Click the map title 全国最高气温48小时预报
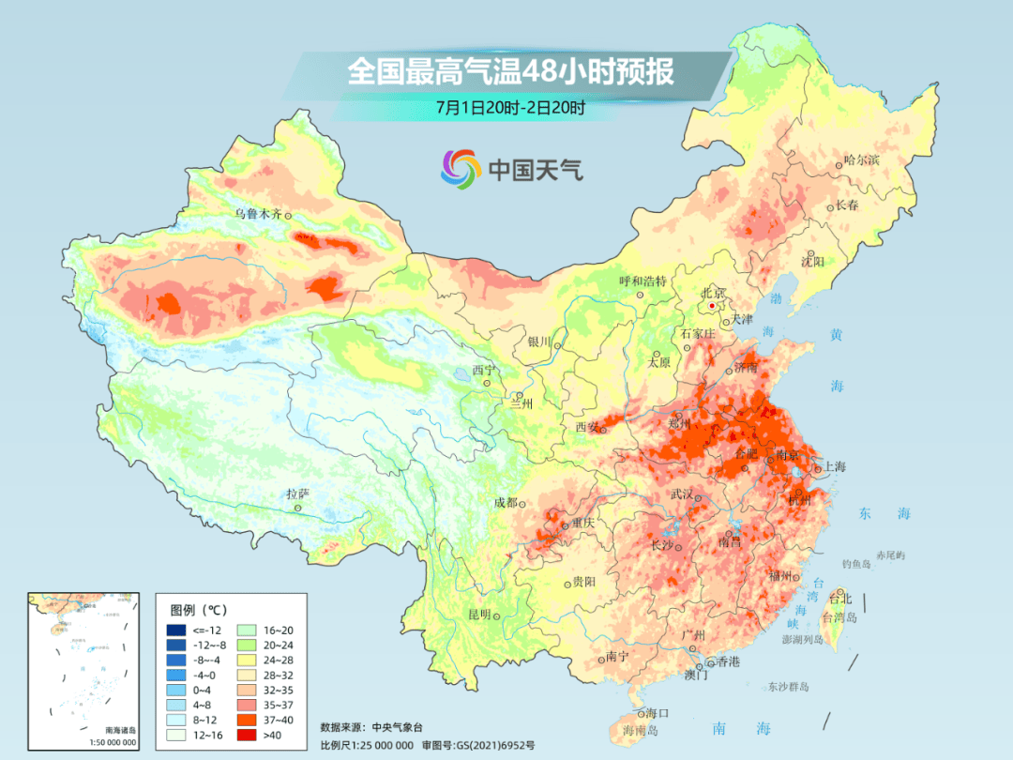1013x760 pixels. click(511, 71)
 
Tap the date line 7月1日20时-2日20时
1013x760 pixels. click(510, 107)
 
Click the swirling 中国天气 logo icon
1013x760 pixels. click(461, 169)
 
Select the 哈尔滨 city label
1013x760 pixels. click(862, 160)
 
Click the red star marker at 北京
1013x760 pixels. click(713, 306)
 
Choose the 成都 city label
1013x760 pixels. click(506, 502)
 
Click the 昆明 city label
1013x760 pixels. click(479, 615)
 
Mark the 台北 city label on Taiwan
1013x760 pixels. click(841, 598)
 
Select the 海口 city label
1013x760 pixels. click(658, 714)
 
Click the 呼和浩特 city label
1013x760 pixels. click(643, 281)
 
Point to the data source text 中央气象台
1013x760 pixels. click(398, 726)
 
